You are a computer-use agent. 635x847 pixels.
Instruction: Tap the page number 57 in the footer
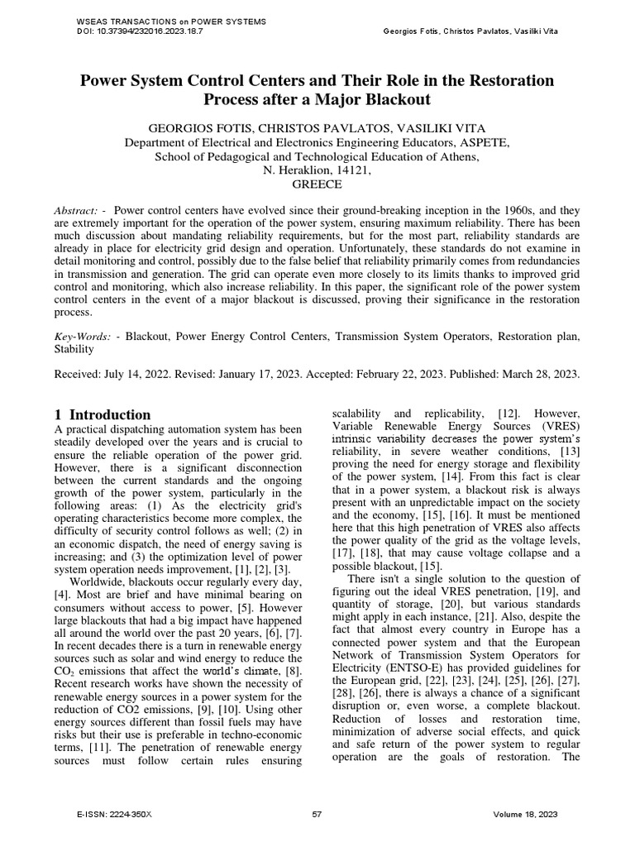pos(317,815)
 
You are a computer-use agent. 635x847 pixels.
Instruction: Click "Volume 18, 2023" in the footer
pos(525,815)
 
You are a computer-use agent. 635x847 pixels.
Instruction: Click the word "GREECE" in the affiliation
pos(317,186)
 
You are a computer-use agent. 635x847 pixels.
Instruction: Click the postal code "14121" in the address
pos(351,170)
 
